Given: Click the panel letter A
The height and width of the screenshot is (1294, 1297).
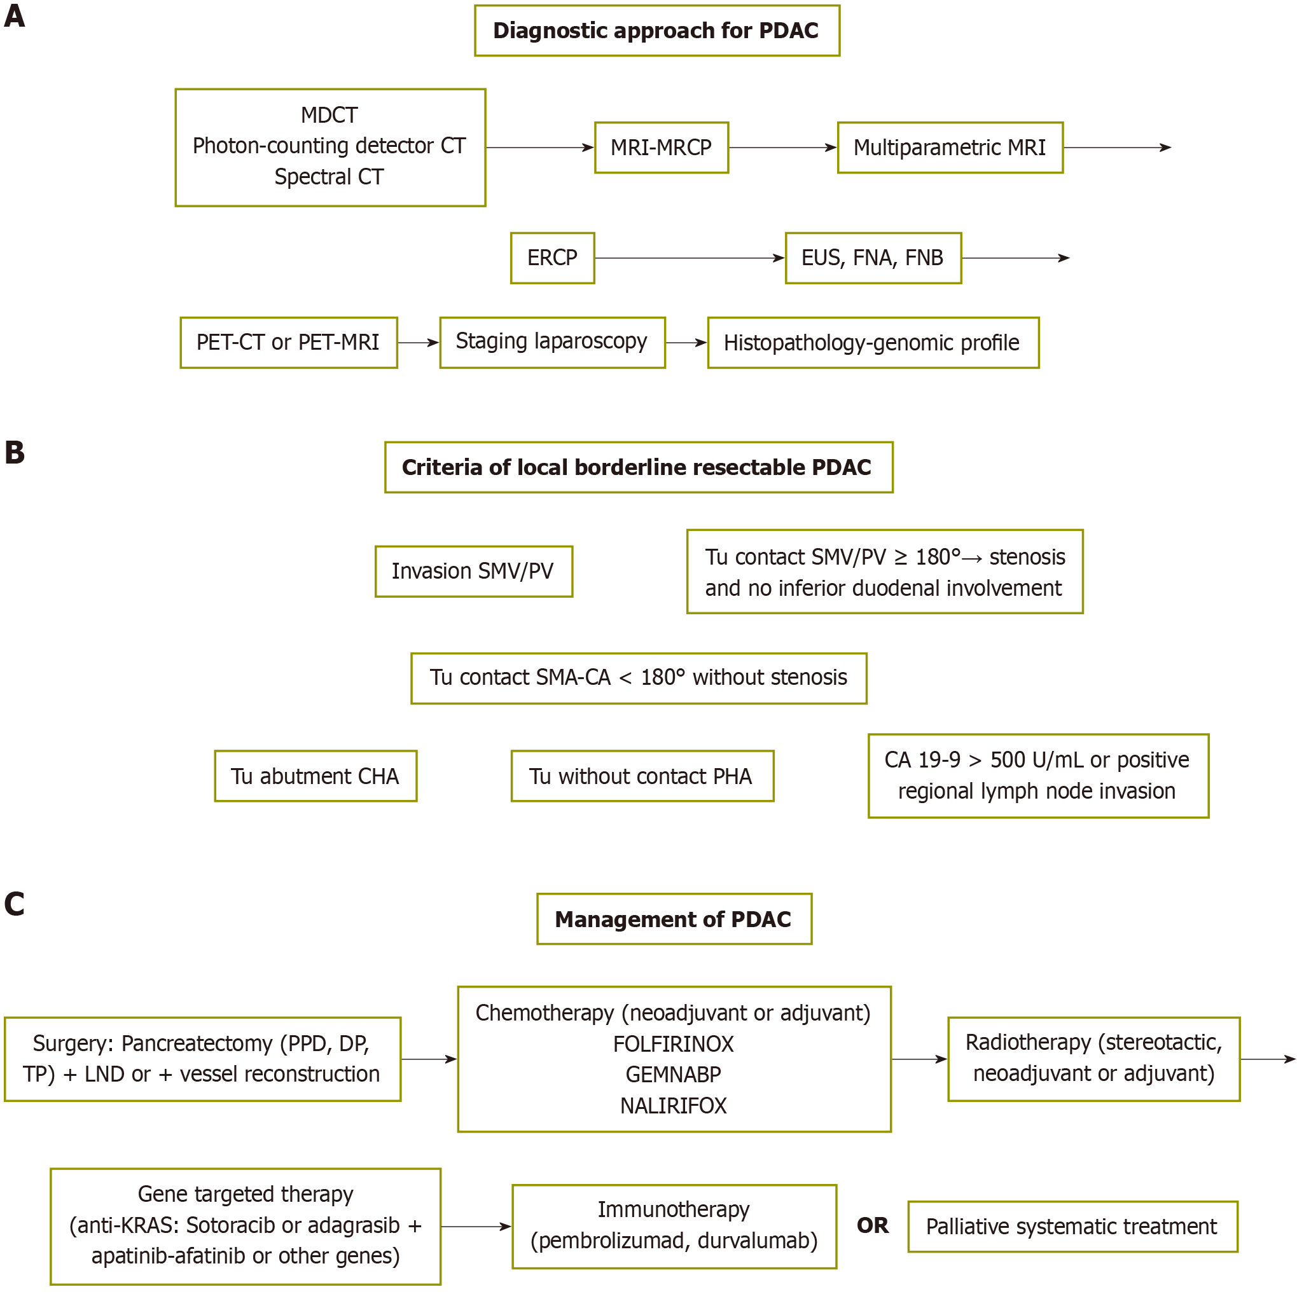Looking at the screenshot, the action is click(x=14, y=16).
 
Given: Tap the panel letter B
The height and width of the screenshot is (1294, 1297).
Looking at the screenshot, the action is click(x=14, y=452).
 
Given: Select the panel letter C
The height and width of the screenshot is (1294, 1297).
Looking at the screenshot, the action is click(x=14, y=904).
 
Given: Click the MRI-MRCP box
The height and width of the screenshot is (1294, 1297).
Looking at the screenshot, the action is click(x=662, y=148).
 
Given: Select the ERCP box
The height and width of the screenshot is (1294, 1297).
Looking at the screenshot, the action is click(x=553, y=258).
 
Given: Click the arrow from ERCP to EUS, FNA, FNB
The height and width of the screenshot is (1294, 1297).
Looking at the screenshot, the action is click(x=690, y=258).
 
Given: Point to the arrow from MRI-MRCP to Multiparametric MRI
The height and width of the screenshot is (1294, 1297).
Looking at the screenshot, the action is click(x=783, y=148).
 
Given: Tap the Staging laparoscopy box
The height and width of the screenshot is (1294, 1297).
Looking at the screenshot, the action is click(x=553, y=342).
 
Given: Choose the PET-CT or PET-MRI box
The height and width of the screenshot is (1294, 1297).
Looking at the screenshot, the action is click(x=289, y=342).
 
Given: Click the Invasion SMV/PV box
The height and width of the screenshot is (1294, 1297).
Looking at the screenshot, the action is click(x=474, y=571).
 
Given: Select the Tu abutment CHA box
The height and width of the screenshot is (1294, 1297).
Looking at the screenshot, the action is click(x=316, y=776).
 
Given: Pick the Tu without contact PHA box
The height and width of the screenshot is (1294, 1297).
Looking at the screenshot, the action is click(x=642, y=776).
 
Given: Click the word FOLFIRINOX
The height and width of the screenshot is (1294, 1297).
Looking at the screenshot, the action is click(x=674, y=1043).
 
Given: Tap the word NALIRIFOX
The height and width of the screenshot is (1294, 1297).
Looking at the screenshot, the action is click(x=674, y=1105).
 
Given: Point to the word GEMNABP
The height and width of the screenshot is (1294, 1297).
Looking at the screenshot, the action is click(x=674, y=1075).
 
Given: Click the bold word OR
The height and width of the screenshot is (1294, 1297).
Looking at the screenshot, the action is click(x=873, y=1225).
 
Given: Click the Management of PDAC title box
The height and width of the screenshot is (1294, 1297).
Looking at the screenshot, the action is click(x=674, y=919).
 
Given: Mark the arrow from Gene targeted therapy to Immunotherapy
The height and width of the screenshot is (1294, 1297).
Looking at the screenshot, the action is click(x=476, y=1226).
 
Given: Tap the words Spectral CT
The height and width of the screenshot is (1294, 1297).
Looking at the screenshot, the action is click(x=329, y=177).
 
